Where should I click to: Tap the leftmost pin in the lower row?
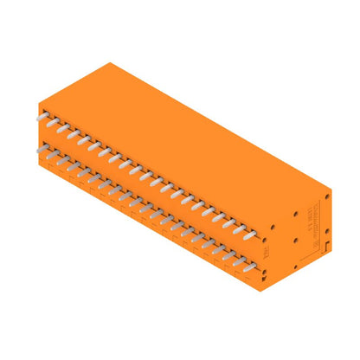(x=42, y=149)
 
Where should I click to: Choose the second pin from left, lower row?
(x=52, y=155)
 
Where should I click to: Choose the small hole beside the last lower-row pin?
(x=271, y=264)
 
